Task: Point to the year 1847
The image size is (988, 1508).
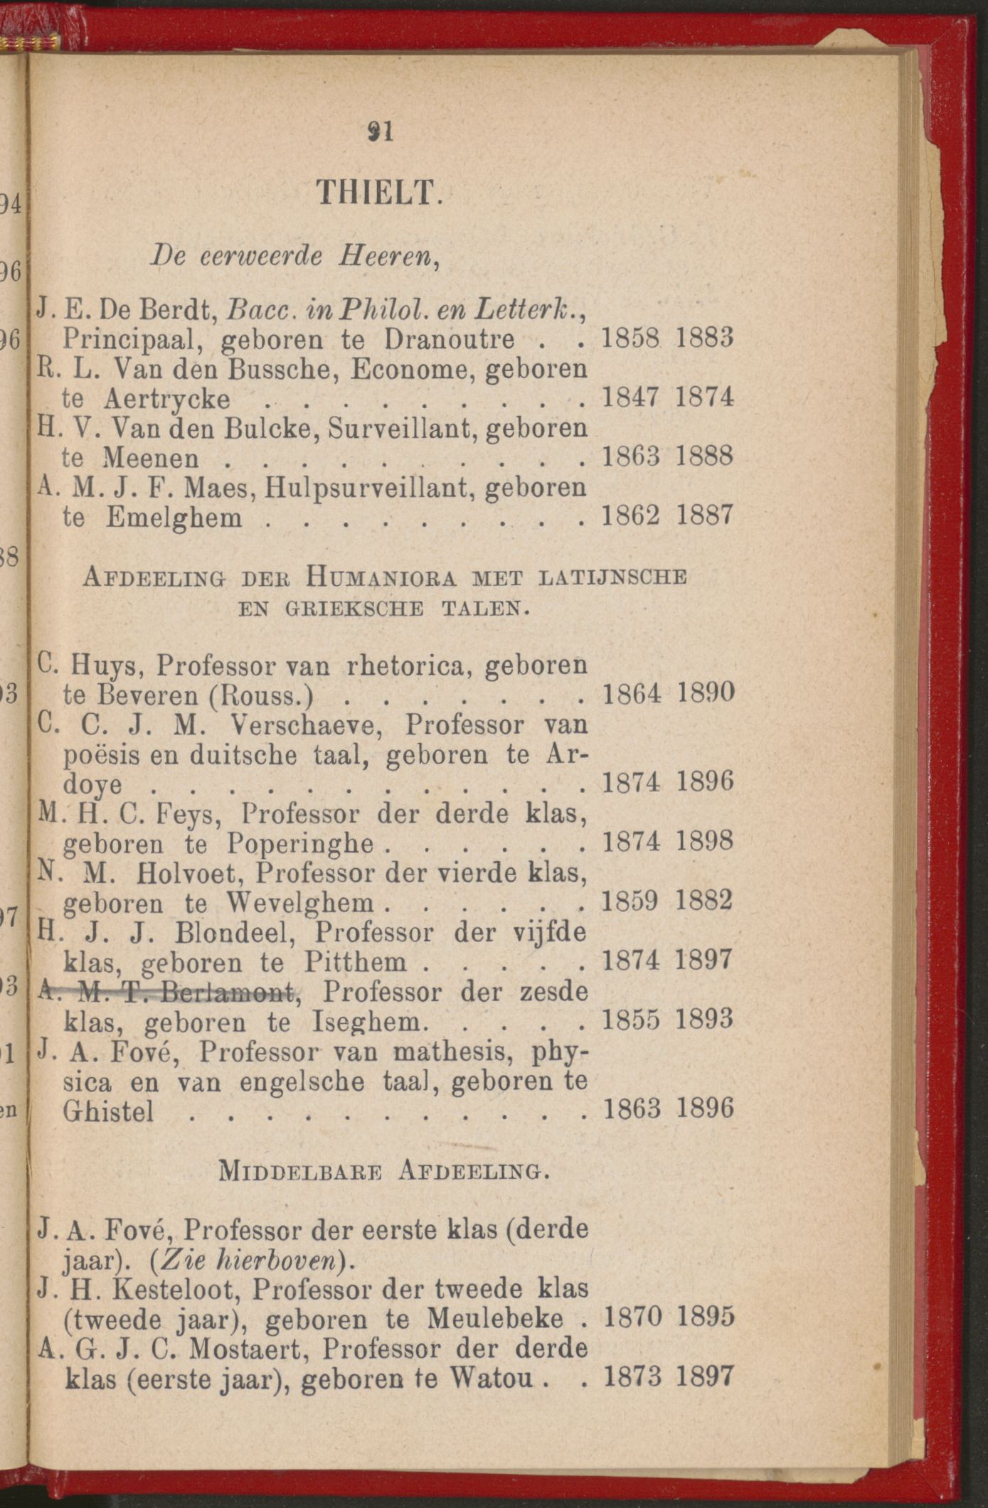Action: click(x=630, y=397)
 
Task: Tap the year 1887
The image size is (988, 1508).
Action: click(x=703, y=515)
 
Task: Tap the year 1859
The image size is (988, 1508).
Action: click(x=630, y=902)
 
